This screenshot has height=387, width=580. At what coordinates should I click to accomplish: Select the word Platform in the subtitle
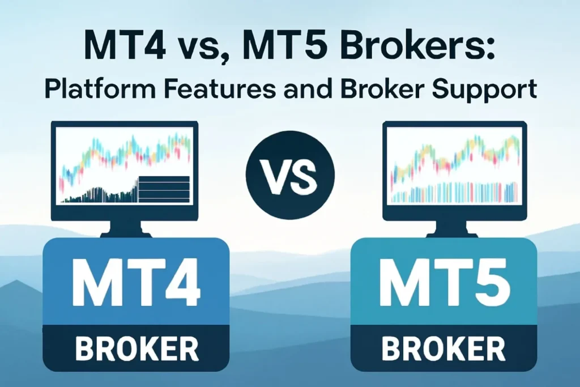pos(92,90)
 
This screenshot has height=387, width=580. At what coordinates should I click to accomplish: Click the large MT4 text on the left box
pos(136,281)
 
